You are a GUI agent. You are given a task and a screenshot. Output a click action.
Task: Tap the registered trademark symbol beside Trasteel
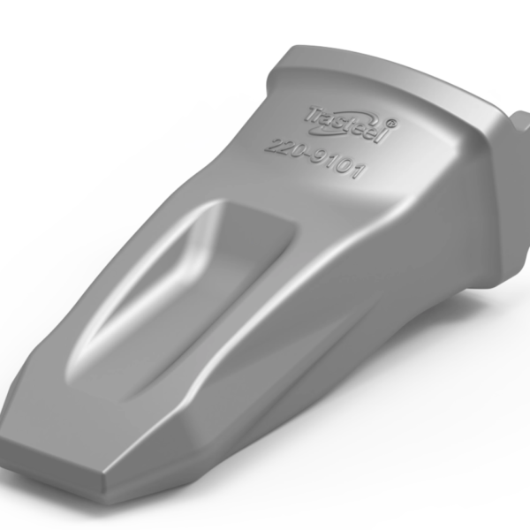pyautogui.click(x=391, y=123)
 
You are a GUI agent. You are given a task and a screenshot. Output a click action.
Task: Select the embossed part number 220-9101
pyautogui.click(x=314, y=159)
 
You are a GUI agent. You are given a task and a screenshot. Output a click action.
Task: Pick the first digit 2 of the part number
pyautogui.click(x=272, y=147)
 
